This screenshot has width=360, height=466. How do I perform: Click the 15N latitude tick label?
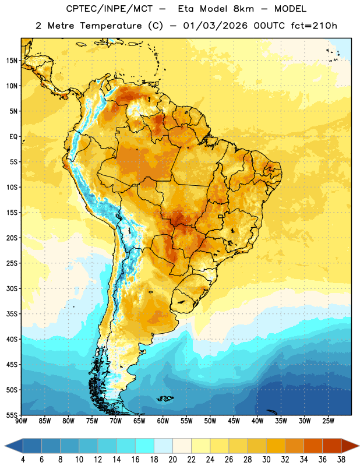[x=12, y=61]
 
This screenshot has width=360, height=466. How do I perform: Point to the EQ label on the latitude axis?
[x=13, y=137]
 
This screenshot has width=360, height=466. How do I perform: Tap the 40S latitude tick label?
[x=12, y=339]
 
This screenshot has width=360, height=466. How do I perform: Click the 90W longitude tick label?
[x=21, y=421]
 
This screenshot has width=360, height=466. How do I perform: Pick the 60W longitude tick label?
[x=163, y=421]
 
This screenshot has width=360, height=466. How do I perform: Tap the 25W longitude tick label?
[x=328, y=421]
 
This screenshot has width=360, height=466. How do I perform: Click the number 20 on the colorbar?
[x=172, y=460]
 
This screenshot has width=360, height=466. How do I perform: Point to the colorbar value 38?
[x=341, y=460]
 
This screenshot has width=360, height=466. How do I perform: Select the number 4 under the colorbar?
[x=23, y=460]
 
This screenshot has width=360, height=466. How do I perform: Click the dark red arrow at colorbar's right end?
[x=350, y=446]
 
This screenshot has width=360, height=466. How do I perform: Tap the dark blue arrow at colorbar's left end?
[x=14, y=446]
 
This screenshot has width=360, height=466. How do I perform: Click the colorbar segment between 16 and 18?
[x=144, y=446]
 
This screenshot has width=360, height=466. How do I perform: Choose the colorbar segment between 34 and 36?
[x=313, y=446]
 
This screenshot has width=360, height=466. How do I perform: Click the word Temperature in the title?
[x=111, y=26]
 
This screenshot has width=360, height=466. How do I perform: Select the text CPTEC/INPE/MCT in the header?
[x=109, y=9]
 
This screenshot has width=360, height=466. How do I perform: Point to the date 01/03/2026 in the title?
[x=215, y=26]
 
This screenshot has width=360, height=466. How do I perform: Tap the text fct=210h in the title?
[x=314, y=26]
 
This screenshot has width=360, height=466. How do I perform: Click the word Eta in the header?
[x=186, y=9]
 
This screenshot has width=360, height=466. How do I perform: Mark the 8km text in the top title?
[x=243, y=9]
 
